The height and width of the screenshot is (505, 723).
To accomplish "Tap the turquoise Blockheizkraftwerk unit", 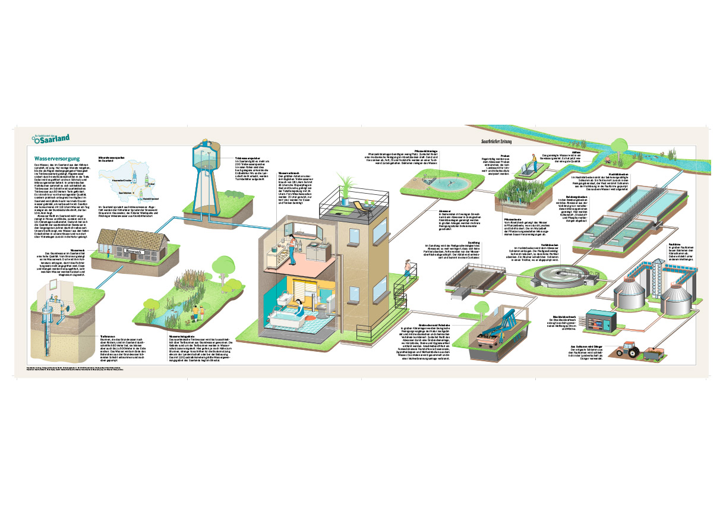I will click(599, 321).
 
